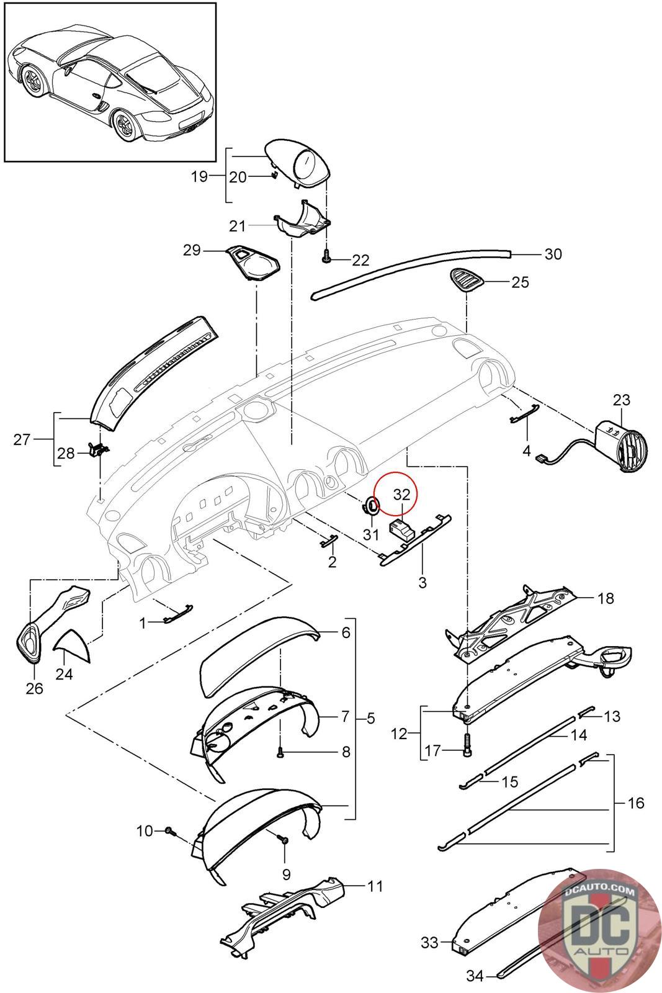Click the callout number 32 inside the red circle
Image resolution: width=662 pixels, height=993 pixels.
tap(401, 495)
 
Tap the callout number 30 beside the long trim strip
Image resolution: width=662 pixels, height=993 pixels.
tap(553, 254)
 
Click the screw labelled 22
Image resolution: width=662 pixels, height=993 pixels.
tap(326, 256)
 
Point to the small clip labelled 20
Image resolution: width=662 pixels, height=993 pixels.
tap(274, 174)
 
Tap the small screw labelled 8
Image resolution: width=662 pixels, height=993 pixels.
tap(280, 752)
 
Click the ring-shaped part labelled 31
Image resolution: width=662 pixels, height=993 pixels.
tap(371, 506)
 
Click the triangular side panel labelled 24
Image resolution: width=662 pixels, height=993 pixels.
tap(73, 647)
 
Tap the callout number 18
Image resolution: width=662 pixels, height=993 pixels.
tap(606, 598)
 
